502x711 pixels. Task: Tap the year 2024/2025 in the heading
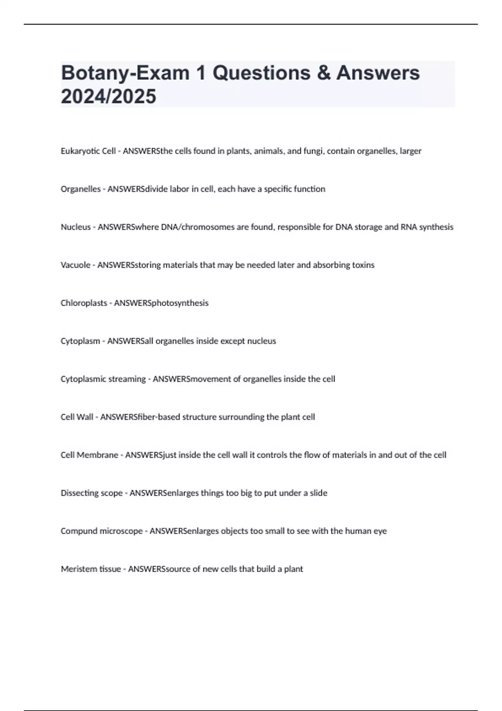[108, 97]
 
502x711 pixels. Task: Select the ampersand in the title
[323, 73]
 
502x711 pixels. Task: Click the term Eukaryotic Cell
[88, 151]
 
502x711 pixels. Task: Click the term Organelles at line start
[81, 189]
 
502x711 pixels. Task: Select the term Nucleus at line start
[76, 227]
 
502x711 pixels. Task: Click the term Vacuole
[75, 265]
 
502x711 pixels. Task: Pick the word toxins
[363, 265]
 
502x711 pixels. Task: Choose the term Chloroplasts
[84, 303]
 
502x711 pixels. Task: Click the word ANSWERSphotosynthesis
[161, 303]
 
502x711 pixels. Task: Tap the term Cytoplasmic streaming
[103, 379]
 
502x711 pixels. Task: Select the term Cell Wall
[77, 417]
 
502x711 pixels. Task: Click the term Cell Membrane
[90, 455]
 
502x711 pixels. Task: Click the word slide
[318, 493]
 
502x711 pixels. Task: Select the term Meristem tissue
[91, 569]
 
